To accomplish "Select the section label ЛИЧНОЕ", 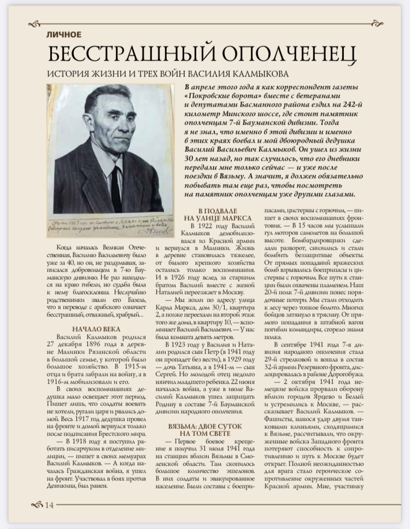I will point(64,35).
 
